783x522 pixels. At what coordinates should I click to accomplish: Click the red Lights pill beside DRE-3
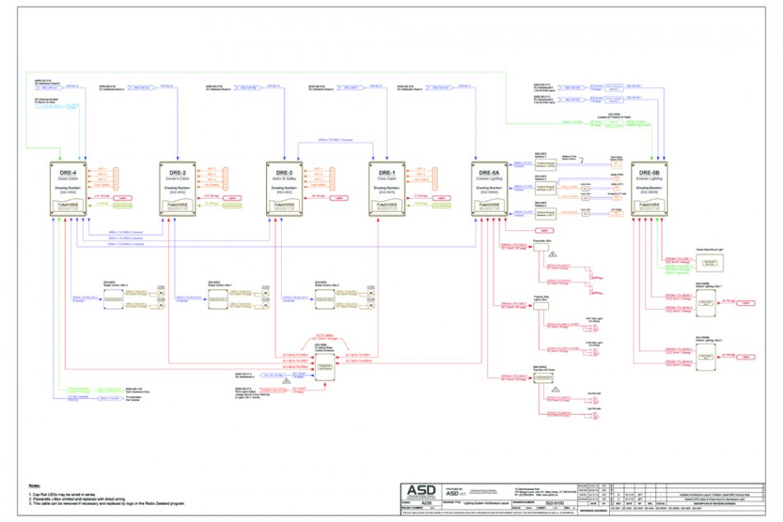[x=336, y=199]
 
